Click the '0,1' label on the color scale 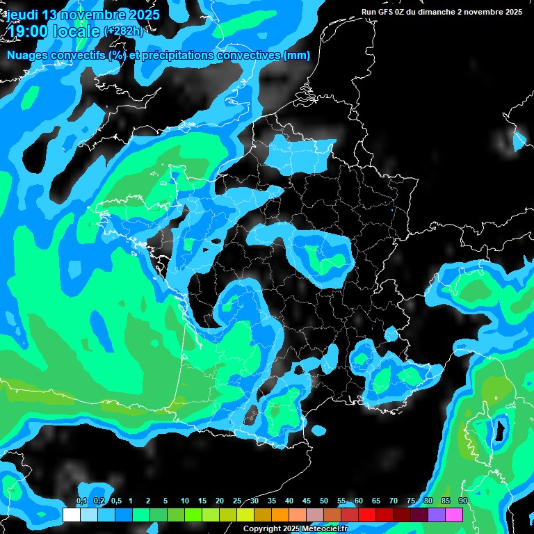[81, 501]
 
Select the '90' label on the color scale [462, 501]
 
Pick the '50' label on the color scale [324, 501]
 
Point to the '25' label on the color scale [237, 501]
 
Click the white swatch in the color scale [71, 515]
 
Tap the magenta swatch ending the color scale [454, 515]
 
